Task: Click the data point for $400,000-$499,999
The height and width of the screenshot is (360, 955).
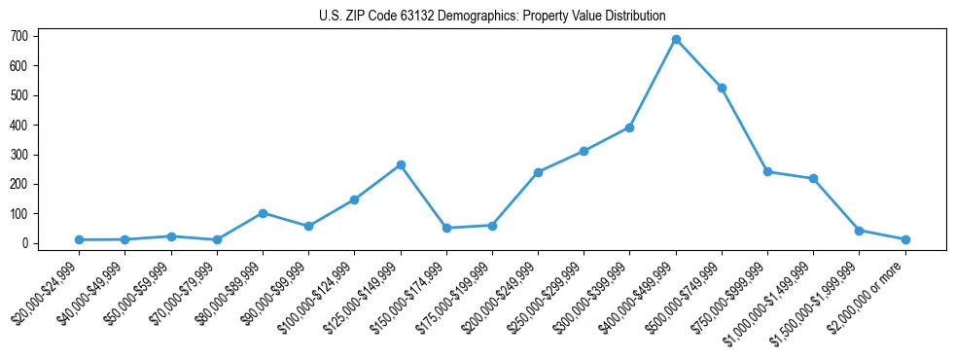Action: (x=676, y=40)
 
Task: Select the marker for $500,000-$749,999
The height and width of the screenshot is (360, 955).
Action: (x=722, y=89)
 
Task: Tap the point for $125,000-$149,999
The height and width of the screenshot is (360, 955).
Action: (x=400, y=165)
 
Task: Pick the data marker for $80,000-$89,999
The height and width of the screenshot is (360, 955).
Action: (x=263, y=213)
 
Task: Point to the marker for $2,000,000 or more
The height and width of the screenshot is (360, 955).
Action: (x=905, y=239)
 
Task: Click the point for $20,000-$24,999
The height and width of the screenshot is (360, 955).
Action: (x=79, y=239)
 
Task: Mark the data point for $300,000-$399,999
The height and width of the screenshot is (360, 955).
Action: (x=629, y=127)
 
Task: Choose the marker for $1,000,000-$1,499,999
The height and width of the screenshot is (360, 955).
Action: (x=813, y=179)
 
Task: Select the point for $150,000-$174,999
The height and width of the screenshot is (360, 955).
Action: (x=446, y=228)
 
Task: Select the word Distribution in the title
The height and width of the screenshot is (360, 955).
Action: (x=632, y=16)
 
